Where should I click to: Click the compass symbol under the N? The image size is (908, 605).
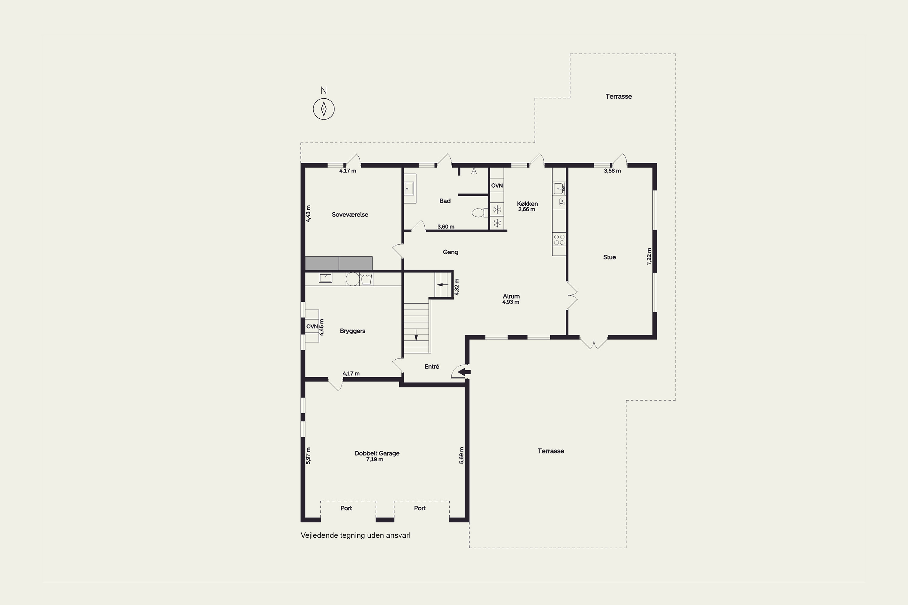tap(324, 109)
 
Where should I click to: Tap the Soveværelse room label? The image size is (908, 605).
tap(350, 214)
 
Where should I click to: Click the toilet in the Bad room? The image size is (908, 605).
tap(480, 212)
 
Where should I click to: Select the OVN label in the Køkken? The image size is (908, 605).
tap(497, 186)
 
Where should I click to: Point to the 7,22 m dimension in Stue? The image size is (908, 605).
tap(649, 256)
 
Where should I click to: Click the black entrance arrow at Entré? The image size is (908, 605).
tap(464, 372)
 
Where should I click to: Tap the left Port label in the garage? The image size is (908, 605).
tap(346, 508)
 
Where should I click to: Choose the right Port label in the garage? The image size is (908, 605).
tap(419, 508)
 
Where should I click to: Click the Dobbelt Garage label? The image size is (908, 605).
tap(377, 453)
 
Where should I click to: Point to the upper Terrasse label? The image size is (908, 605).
tap(618, 96)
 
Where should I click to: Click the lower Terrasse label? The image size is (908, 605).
tap(551, 451)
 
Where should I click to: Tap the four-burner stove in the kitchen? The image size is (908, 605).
tap(559, 239)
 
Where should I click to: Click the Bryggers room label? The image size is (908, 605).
tap(353, 331)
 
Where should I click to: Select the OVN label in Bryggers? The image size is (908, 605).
tap(312, 326)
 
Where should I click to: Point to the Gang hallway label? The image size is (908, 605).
tap(451, 252)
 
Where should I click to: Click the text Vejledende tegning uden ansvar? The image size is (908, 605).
tap(356, 535)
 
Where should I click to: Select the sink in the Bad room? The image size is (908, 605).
tap(409, 189)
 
